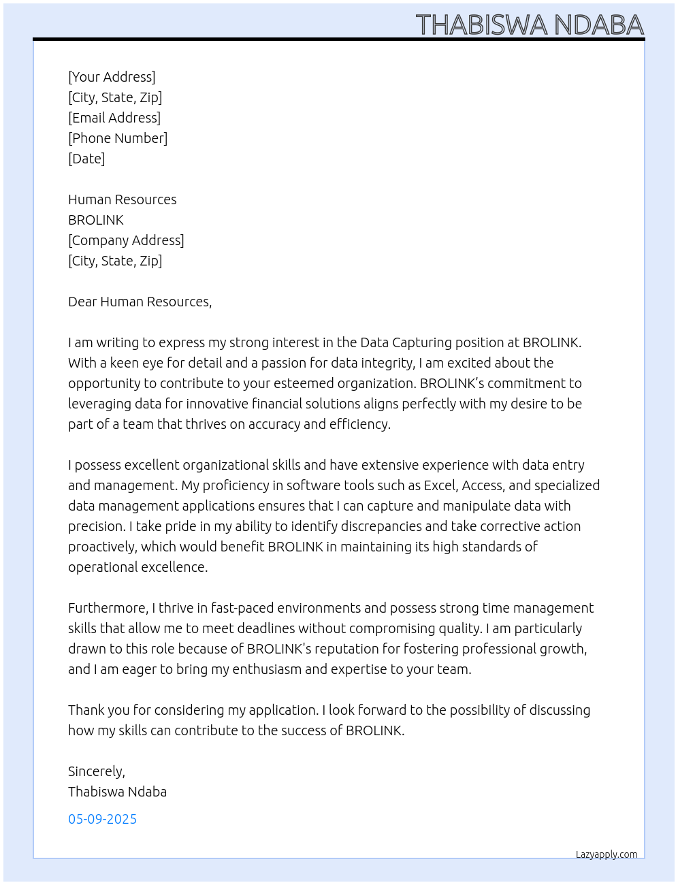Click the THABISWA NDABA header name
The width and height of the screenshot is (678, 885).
pos(530,25)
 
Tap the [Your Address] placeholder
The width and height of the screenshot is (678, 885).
pos(112,77)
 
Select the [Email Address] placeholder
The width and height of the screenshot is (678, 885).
pos(114,118)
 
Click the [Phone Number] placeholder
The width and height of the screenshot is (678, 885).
pos(118,138)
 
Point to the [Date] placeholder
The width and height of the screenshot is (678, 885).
pos(86,159)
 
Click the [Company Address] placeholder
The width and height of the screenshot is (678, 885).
pos(126,240)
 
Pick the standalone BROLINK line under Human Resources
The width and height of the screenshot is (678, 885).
pos(96,220)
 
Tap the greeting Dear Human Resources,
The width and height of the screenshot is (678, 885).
pos(140,302)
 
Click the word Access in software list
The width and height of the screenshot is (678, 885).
pos(483,485)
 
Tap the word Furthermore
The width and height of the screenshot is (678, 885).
pos(108,608)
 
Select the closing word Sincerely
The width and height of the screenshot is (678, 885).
pos(96,771)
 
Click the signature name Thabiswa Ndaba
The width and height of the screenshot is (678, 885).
pos(117,792)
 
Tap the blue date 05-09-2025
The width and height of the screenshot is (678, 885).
pos(102,819)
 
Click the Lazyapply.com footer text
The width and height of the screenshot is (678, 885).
pos(607,854)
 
